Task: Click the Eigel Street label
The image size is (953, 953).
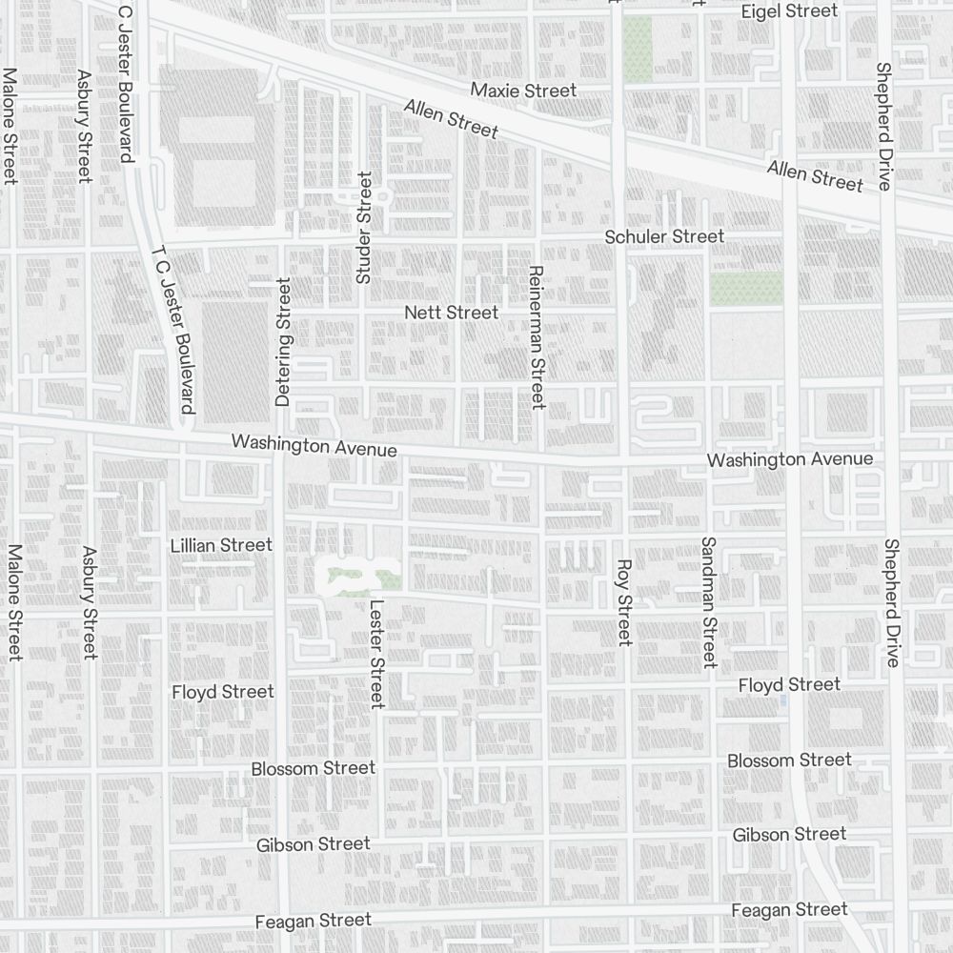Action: (x=789, y=11)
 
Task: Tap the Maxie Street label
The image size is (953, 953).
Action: (x=524, y=91)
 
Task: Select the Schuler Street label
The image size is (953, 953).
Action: (x=664, y=236)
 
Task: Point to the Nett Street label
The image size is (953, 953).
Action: (x=451, y=313)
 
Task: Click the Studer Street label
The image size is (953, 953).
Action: (x=362, y=228)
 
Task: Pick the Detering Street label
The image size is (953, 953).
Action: (x=282, y=342)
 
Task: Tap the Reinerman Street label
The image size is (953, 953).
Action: (x=536, y=337)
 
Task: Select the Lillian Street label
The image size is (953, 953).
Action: (x=221, y=545)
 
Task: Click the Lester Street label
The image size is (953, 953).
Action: (x=376, y=654)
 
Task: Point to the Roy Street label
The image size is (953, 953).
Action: (x=624, y=602)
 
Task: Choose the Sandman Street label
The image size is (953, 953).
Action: (x=708, y=602)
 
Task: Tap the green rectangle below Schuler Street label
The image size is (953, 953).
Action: (x=746, y=288)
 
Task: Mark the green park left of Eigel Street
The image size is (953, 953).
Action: (x=638, y=48)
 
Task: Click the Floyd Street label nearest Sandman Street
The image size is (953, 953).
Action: (x=789, y=684)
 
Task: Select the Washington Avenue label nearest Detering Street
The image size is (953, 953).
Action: (x=314, y=445)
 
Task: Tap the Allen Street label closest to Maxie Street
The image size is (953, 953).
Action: (x=451, y=118)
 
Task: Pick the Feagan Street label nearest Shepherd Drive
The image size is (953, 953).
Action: (x=789, y=910)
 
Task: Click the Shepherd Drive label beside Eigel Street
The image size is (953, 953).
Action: (x=883, y=126)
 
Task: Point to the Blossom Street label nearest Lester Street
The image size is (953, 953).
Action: (x=314, y=768)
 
